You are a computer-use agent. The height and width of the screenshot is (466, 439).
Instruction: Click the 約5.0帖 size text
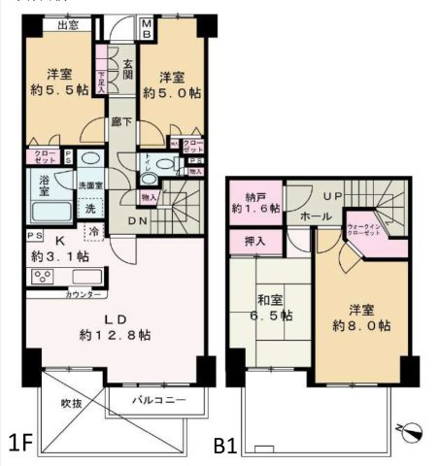(172, 93)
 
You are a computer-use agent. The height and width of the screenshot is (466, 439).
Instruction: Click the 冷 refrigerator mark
(94, 232)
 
